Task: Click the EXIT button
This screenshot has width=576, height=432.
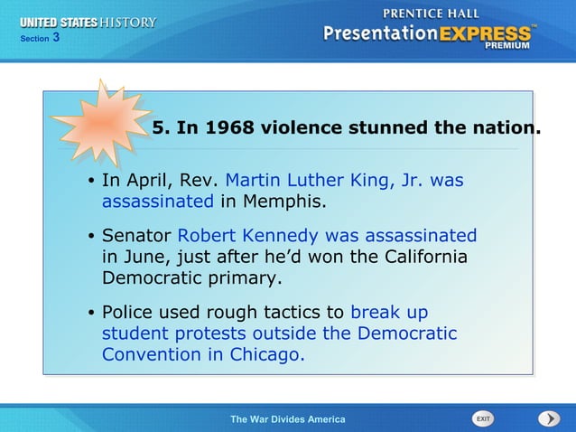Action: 483,418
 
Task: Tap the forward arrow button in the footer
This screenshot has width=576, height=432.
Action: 549,418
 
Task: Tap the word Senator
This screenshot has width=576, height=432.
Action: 136,236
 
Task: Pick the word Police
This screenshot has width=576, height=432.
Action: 127,313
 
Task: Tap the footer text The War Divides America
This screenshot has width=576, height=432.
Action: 287,419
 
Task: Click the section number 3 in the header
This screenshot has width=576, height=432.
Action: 56,37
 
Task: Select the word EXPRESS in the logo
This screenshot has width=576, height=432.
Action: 486,34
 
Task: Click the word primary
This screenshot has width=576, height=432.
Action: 250,277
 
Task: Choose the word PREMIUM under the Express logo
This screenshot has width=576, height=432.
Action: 507,46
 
